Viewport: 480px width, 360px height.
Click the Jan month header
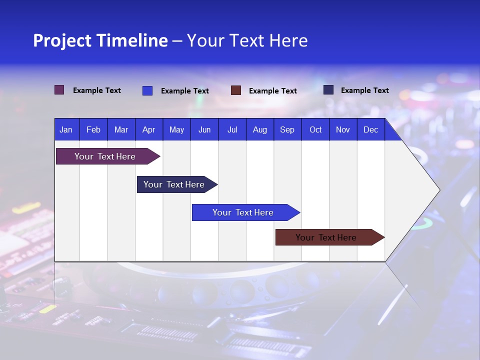(66, 129)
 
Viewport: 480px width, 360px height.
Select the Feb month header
(93, 129)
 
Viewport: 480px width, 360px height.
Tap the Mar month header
(121, 129)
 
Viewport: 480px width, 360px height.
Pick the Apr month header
(149, 129)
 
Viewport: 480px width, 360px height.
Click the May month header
(176, 129)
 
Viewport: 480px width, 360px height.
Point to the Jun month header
(204, 129)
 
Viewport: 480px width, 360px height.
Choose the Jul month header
(232, 129)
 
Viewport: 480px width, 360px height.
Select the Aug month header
(260, 129)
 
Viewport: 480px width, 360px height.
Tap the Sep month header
(287, 129)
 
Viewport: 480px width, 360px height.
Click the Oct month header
(315, 129)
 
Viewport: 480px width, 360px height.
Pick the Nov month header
(343, 129)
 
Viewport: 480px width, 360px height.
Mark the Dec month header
(371, 129)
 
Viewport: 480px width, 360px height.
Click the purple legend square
(59, 90)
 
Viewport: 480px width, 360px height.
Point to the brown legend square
(236, 90)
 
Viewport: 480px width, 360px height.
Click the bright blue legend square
(147, 90)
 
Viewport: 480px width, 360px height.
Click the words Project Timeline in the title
(100, 40)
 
